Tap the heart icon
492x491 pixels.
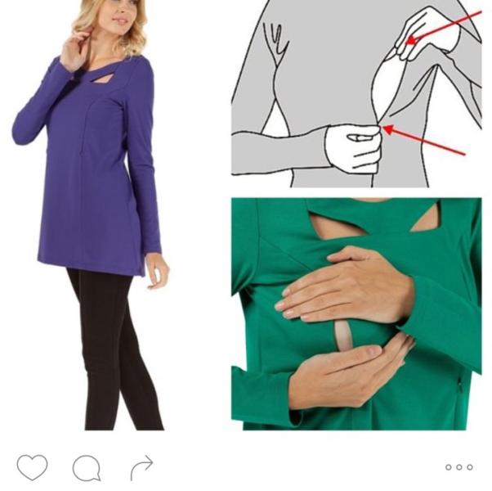(x=32, y=467)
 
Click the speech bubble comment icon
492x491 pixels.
(x=87, y=468)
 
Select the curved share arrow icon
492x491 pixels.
(x=141, y=467)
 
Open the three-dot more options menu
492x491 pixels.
(x=458, y=467)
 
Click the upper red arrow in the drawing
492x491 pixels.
(x=445, y=26)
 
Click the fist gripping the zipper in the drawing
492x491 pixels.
(x=352, y=148)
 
